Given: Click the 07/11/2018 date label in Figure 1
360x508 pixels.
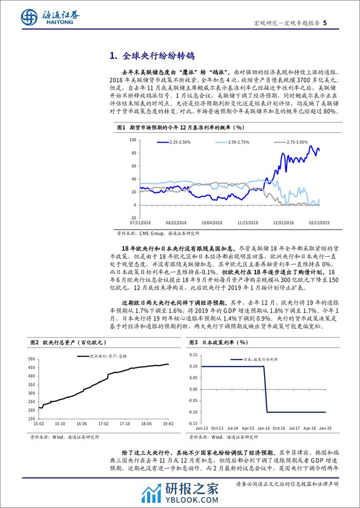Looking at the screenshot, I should pyautogui.click(x=141, y=223).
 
